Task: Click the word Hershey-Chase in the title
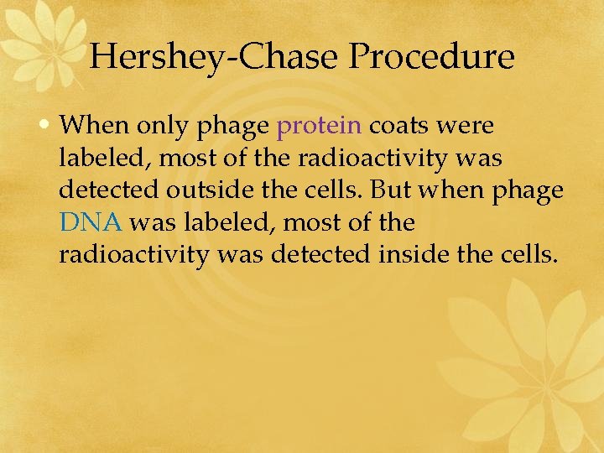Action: [215, 58]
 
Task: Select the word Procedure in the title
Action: [432, 58]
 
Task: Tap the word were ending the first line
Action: [466, 127]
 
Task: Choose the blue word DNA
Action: [91, 222]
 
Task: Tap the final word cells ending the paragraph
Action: [526, 254]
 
